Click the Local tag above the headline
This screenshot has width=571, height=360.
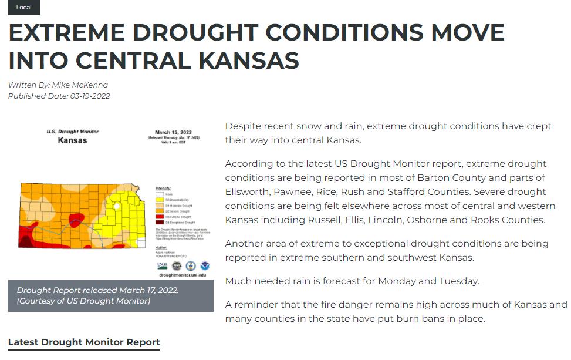[24, 8]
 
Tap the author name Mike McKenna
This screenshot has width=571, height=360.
[80, 85]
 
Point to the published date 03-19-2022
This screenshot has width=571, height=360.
[90, 96]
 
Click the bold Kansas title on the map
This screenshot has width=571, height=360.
[72, 140]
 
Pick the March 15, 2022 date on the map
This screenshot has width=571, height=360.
[174, 132]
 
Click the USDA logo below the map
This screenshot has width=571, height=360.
[162, 265]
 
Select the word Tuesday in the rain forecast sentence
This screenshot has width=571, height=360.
[461, 281]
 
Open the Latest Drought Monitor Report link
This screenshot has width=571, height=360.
[84, 342]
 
